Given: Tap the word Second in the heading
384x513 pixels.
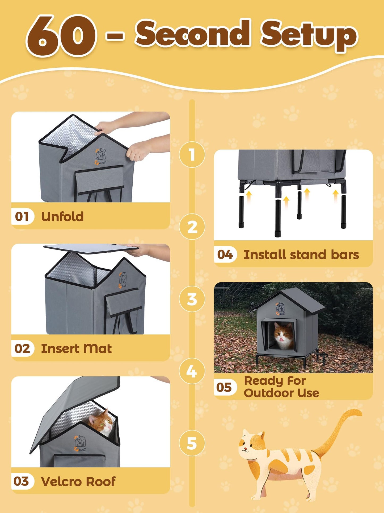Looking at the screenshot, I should (x=193, y=33).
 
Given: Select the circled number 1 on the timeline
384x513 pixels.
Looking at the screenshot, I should (x=192, y=155).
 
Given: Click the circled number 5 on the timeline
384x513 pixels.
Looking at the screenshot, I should (x=192, y=443).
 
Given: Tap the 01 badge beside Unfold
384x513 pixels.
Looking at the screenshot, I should (x=22, y=216).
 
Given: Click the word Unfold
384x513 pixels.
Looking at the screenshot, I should (x=62, y=216).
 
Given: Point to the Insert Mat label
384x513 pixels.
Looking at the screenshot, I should (x=76, y=348).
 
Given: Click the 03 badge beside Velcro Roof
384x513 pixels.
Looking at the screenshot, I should (x=22, y=481).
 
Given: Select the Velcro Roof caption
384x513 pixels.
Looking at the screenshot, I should (x=78, y=481).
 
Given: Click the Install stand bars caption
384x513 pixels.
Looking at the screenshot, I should (x=301, y=255).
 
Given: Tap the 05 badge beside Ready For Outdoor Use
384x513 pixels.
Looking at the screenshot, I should (x=225, y=387).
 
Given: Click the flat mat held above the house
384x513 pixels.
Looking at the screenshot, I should (x=90, y=248).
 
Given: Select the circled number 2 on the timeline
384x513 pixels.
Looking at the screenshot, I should (x=192, y=227).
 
